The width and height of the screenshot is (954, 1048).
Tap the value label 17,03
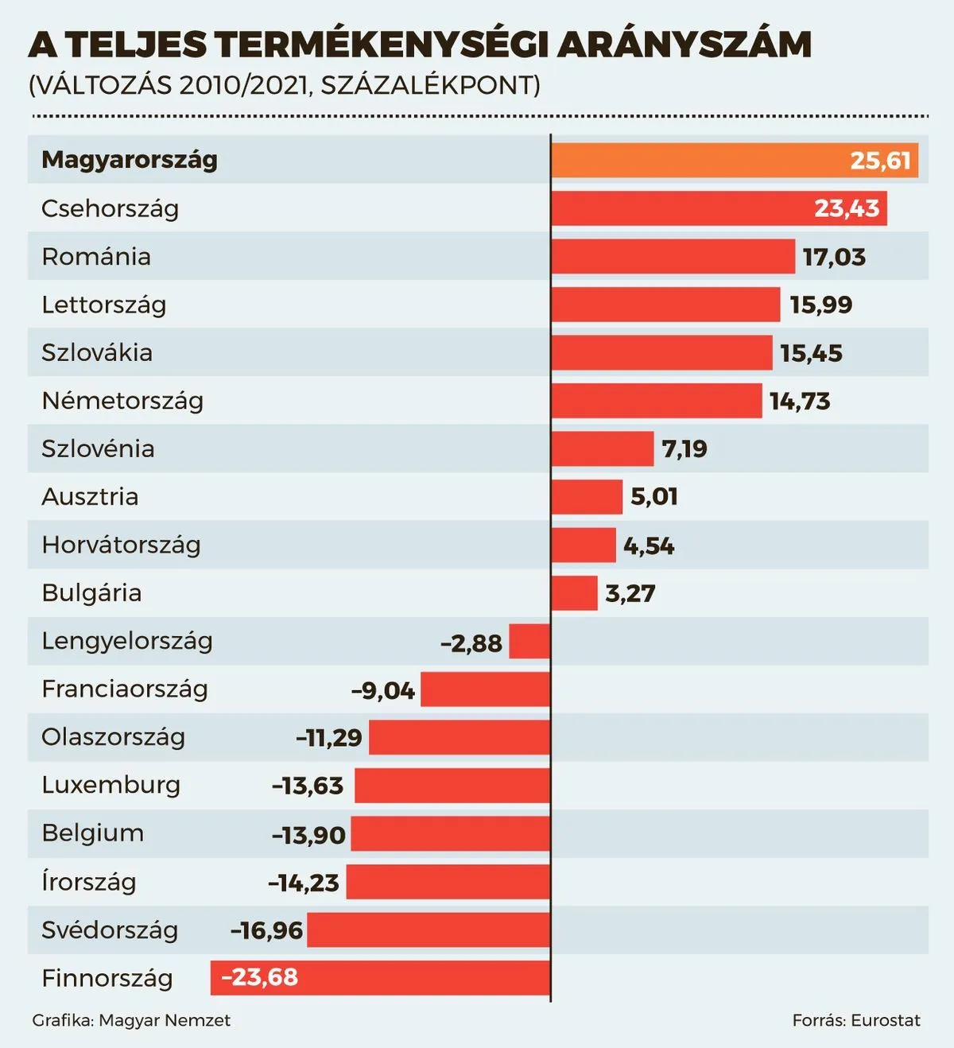pos(834,257)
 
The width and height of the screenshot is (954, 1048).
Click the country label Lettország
pos(103,305)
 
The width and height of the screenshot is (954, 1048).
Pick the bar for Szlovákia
pos(661,353)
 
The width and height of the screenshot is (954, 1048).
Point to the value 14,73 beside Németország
pos(800,401)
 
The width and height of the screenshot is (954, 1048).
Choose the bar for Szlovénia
pos(603,448)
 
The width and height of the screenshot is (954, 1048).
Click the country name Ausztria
pos(90,497)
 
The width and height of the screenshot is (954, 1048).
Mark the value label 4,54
pos(649,545)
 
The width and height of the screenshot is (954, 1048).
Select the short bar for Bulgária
pos(574,593)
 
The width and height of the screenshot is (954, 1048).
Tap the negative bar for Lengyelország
pos(529,642)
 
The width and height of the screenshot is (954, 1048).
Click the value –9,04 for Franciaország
pos(383,690)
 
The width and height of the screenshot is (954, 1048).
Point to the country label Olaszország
pos(113,737)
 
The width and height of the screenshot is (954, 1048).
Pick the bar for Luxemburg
pos(452,786)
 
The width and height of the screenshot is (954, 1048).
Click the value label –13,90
pos(308,835)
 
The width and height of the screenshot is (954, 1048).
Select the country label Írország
pos(88,882)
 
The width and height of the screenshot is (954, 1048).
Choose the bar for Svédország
pos(429,930)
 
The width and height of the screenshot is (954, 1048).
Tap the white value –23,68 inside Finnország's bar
pos(259,977)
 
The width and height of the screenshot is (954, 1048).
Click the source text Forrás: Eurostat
pos(856,1020)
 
